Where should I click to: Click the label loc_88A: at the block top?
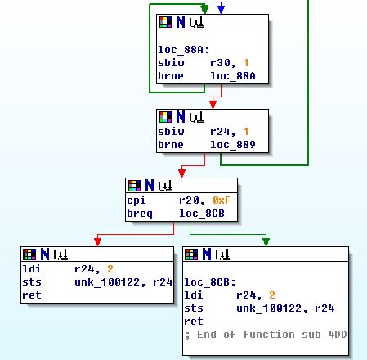coord(184,50)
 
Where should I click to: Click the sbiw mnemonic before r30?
coord(171,63)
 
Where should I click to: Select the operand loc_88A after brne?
coord(233,76)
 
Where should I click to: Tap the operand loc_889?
coord(233,145)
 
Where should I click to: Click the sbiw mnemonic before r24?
coord(171,132)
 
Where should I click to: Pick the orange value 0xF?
coord(222,200)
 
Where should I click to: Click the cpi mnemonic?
coord(137,201)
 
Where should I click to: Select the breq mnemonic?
coord(140,214)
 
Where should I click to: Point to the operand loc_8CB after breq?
coord(202,214)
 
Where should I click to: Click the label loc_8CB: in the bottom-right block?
coord(210,282)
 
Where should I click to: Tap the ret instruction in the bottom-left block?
coord(32,295)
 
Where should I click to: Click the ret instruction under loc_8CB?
coord(194,322)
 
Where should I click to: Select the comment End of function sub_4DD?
coord(272,335)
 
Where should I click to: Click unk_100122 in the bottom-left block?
coord(107,282)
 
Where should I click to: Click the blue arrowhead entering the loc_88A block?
coord(221,10)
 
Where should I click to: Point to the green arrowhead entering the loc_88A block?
coord(204,10)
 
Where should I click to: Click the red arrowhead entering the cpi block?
coord(181,173)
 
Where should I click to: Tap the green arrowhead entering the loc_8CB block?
coord(266,242)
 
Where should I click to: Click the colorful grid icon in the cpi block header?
coord(134,186)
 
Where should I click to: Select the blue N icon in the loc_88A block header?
coord(181,22)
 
